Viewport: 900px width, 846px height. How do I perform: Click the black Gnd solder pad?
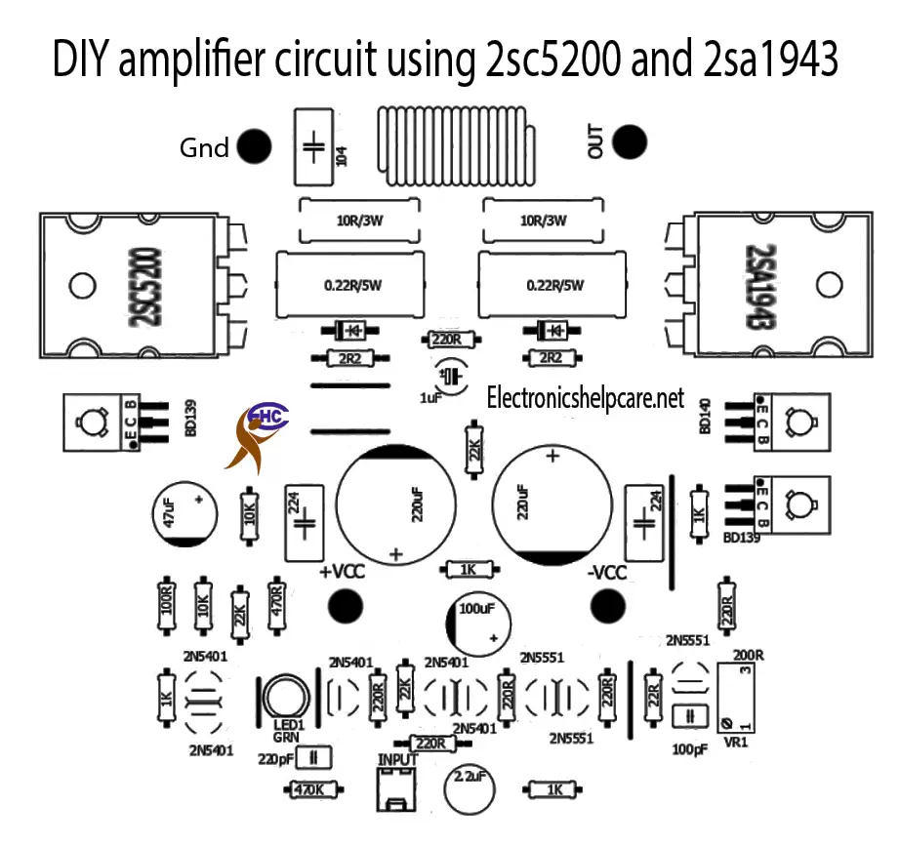[255, 146]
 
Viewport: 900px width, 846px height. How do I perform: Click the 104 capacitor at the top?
[313, 146]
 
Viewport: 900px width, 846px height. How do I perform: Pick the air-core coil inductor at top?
[454, 146]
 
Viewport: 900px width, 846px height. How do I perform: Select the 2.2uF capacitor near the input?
[468, 787]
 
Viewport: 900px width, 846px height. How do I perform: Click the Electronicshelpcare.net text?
[586, 398]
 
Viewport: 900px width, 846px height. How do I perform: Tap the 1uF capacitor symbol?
[449, 376]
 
